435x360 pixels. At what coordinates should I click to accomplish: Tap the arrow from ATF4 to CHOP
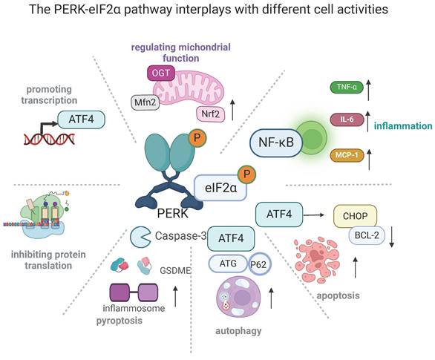pos(314,215)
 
